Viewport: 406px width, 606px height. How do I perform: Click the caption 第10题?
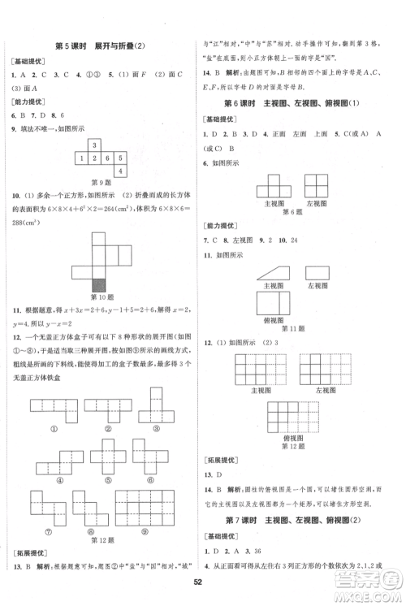(x=99, y=298)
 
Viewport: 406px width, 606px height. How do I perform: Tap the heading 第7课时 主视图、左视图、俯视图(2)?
(x=300, y=519)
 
